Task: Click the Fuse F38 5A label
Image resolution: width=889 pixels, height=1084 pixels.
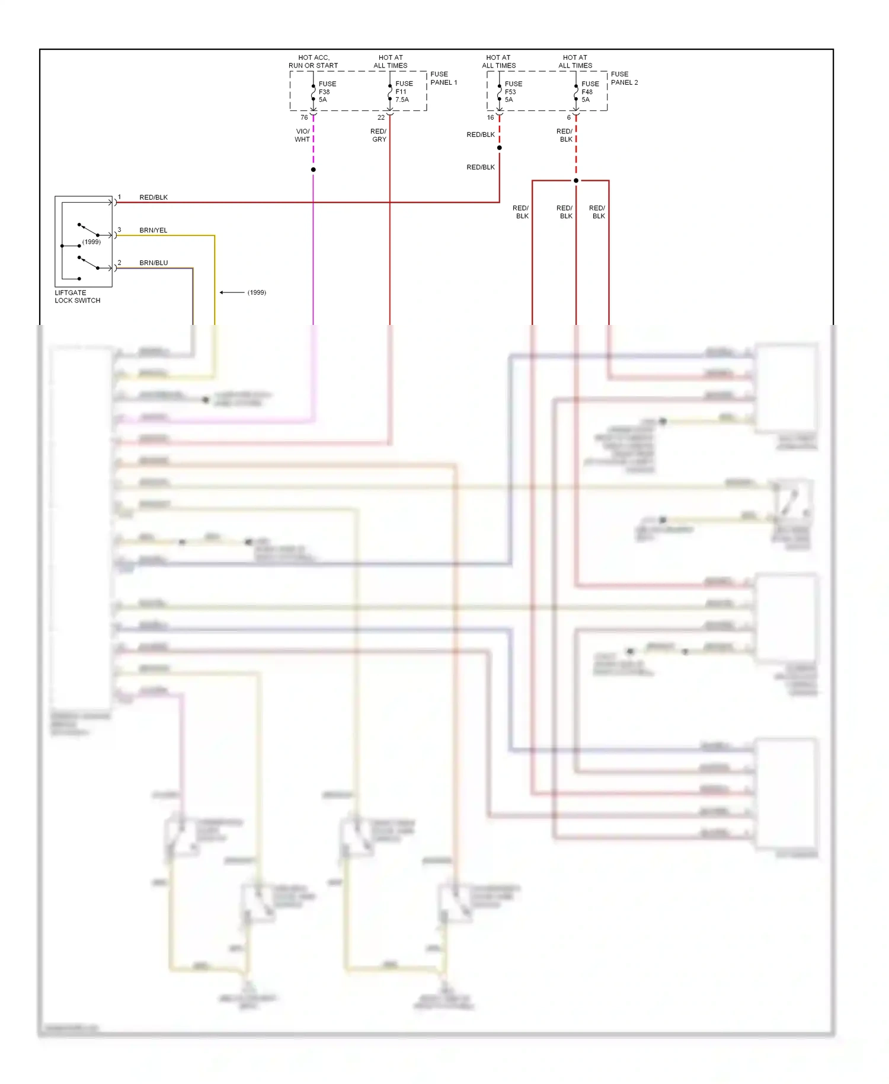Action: tap(327, 92)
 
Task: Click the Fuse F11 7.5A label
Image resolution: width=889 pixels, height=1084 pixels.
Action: tap(404, 92)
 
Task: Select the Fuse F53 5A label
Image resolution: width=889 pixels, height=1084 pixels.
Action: tap(513, 92)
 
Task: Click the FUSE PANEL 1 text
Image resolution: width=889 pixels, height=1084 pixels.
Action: tap(443, 78)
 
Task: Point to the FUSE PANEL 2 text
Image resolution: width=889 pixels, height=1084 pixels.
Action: tap(624, 78)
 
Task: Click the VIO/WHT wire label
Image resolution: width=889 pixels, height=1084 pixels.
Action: tap(302, 135)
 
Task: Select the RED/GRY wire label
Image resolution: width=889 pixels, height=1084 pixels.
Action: tap(379, 135)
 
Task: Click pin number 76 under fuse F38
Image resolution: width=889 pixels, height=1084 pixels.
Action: tap(304, 117)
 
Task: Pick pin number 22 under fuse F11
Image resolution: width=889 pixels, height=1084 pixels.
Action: tap(381, 117)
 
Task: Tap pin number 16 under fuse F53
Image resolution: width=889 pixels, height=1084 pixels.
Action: tap(490, 117)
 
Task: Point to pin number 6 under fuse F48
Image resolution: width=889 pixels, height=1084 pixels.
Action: tap(568, 117)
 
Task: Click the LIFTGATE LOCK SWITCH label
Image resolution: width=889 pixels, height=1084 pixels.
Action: tap(77, 296)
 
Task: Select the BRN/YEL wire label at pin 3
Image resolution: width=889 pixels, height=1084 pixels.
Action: tap(154, 230)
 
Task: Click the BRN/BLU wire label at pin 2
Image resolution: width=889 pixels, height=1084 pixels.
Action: tap(154, 263)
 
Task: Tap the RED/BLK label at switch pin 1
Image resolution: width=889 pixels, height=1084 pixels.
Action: tap(154, 197)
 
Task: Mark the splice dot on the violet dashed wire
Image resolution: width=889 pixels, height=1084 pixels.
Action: tap(313, 170)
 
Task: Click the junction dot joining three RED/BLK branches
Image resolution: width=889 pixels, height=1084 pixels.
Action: tap(575, 180)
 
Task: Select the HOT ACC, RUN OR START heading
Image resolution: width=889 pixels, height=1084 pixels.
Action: tap(313, 62)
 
